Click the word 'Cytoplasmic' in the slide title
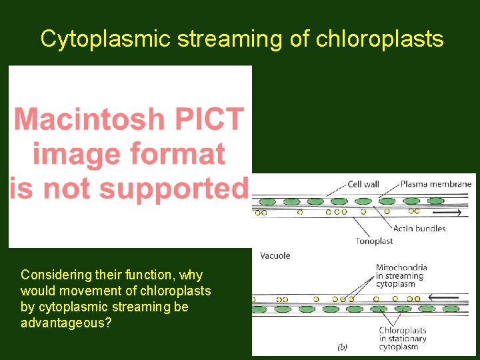[x=105, y=39]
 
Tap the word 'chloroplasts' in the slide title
[x=379, y=39]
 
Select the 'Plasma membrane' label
[x=436, y=184]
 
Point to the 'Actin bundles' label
[x=419, y=229]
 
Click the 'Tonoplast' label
[x=374, y=241]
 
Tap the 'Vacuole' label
[x=275, y=255]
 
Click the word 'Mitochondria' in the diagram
[x=401, y=267]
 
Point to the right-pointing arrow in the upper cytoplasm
[x=447, y=213]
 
